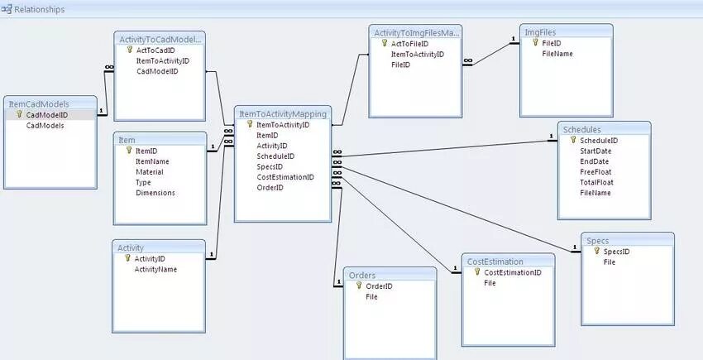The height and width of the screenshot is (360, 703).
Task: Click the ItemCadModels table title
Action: [39, 104]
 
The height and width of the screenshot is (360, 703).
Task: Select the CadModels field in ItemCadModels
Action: [45, 126]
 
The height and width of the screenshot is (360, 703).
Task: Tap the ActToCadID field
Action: [156, 50]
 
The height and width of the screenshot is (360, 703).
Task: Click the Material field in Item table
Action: [150, 171]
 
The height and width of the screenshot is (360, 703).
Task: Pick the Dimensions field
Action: [155, 192]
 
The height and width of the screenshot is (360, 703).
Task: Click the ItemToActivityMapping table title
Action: [282, 113]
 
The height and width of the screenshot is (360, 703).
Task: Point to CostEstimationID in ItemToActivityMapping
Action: [285, 176]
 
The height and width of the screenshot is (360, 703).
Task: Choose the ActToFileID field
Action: [410, 43]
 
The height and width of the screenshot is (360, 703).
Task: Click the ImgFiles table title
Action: [542, 31]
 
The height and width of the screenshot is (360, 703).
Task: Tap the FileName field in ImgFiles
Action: [557, 54]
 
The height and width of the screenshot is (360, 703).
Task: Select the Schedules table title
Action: [581, 130]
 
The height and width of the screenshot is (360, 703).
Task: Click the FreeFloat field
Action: [596, 172]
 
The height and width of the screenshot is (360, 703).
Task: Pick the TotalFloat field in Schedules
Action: [597, 182]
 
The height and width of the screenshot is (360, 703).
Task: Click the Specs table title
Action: [597, 241]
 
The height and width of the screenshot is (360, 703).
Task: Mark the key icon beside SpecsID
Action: [596, 252]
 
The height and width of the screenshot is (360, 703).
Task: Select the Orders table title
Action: [362, 276]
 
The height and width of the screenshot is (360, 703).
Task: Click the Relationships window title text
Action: [40, 9]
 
